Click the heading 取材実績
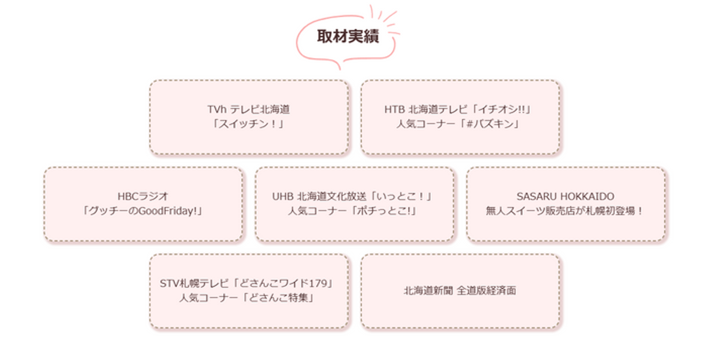coord(348,37)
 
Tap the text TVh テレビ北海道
coord(249,109)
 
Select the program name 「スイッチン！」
coord(249,123)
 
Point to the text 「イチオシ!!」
coord(508,109)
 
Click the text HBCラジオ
coord(143,196)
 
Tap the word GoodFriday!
coord(172,211)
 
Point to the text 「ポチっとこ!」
coord(388,211)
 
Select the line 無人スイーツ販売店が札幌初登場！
coord(565,211)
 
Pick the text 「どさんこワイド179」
coord(284,283)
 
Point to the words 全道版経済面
coord(486,291)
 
